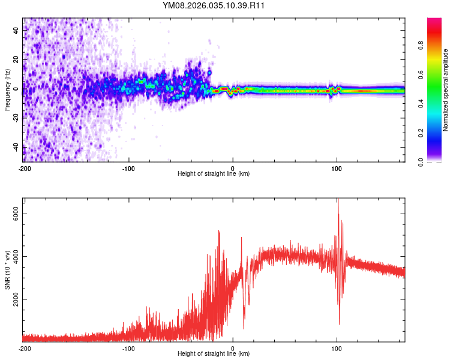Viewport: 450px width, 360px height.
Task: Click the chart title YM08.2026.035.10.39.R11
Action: click(x=214, y=6)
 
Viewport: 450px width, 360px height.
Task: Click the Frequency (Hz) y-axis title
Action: click(x=7, y=90)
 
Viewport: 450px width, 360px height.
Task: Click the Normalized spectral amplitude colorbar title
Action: click(x=446, y=90)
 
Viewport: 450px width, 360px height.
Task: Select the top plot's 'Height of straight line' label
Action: click(x=214, y=173)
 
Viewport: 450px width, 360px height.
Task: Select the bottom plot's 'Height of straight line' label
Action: click(x=214, y=353)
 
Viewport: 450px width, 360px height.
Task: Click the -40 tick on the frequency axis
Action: click(x=16, y=147)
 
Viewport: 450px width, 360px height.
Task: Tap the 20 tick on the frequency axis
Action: click(x=16, y=60)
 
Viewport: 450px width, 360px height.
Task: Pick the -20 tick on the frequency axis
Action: click(x=16, y=118)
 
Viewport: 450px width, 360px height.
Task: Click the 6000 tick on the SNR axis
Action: click(x=16, y=214)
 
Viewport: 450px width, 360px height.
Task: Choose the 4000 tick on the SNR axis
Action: click(x=16, y=256)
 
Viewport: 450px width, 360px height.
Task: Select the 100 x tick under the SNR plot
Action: click(x=337, y=348)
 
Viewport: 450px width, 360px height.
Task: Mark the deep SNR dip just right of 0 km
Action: click(x=244, y=327)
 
